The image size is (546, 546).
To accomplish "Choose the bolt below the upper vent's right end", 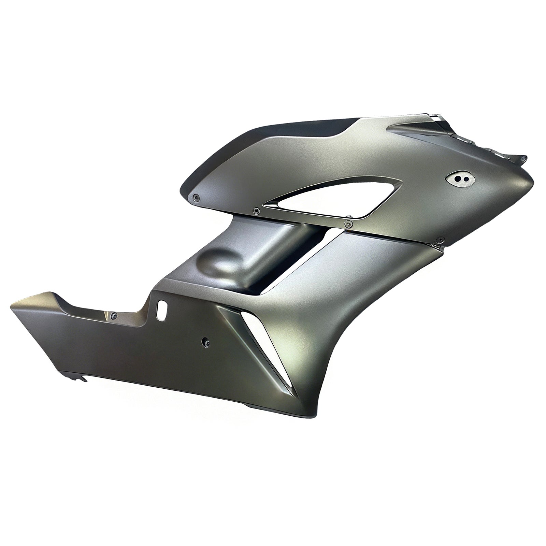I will tap(348, 224).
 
